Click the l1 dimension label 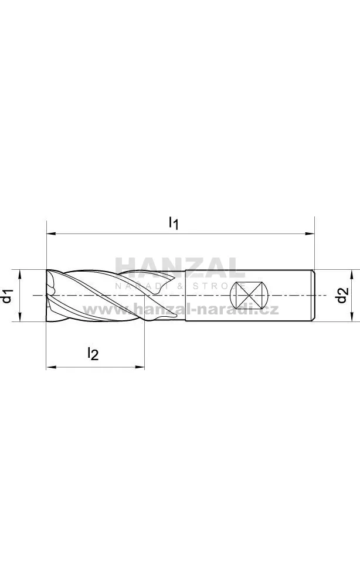174,223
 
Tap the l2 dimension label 93,353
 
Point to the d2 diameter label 342,295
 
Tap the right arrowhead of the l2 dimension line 140,367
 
